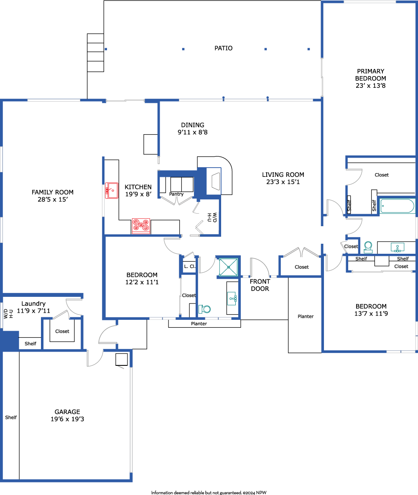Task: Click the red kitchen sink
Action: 112,190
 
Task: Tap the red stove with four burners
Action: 141,226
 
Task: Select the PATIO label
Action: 224,48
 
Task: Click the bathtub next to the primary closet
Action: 397,206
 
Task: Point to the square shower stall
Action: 229,267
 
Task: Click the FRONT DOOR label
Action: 260,285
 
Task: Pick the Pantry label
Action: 176,194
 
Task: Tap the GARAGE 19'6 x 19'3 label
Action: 67,416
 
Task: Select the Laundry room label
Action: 33,304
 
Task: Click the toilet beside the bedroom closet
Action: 204,309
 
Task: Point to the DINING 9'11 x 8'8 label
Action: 193,128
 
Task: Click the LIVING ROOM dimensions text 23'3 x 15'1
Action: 283,182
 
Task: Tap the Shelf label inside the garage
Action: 11,417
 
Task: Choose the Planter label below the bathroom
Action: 199,324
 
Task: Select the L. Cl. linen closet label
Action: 189,266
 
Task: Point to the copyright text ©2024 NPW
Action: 255,492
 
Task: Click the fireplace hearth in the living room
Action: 215,175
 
